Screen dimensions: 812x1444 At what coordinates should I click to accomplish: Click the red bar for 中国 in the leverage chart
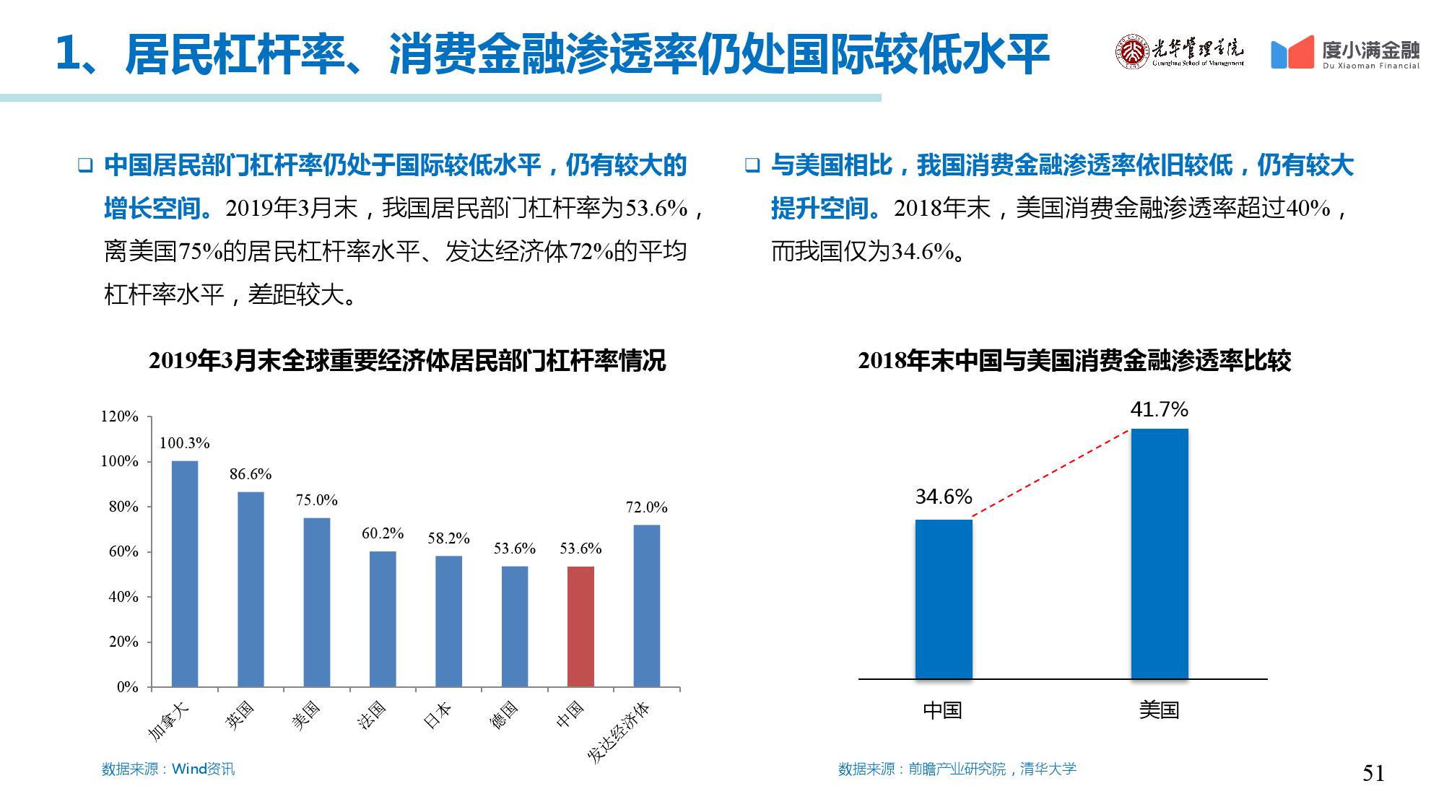[x=580, y=626]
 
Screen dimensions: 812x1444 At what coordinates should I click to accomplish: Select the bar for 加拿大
[x=185, y=574]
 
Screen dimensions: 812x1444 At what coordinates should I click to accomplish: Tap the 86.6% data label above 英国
[x=251, y=474]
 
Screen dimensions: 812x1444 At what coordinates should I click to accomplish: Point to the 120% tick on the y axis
[x=119, y=416]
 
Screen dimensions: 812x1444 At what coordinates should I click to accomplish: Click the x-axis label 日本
[x=438, y=715]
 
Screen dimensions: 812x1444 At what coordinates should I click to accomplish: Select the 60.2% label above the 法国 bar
[x=383, y=533]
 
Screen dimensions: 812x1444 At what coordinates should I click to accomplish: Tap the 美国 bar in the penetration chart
[x=1159, y=554]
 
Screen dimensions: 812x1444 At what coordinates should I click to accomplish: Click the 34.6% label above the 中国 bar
[x=944, y=497]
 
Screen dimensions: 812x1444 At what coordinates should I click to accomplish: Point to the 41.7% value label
[x=1159, y=410]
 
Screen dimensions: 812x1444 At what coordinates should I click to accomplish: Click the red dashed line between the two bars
[x=1051, y=473]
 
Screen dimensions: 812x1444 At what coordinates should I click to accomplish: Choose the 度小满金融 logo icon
[x=1292, y=53]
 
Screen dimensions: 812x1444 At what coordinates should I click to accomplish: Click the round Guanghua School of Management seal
[x=1131, y=51]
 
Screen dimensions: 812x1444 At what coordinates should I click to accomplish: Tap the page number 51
[x=1373, y=773]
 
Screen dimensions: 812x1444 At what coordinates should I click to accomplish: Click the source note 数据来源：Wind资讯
[x=168, y=769]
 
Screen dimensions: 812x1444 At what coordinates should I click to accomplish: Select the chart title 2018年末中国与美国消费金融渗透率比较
[x=1074, y=361]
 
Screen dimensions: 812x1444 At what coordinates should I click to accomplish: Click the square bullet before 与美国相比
[x=752, y=166]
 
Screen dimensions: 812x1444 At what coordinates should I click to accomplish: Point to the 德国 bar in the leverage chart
[x=515, y=626]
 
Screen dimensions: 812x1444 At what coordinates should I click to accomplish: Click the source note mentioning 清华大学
[x=957, y=769]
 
